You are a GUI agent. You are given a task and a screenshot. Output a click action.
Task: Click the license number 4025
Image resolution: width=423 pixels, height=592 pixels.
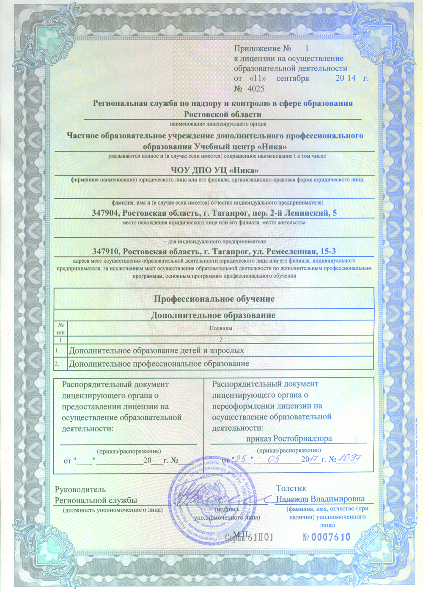coord(255,89)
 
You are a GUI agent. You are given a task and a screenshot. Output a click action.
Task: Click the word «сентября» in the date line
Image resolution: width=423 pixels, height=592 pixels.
coord(293,78)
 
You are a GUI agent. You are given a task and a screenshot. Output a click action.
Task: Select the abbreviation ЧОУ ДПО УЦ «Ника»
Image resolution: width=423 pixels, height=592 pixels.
coord(214,170)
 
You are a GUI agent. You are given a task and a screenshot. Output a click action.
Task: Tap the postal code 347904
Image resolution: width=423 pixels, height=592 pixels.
coord(105,213)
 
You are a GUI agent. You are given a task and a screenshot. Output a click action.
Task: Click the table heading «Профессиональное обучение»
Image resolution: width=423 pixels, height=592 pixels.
coord(214,299)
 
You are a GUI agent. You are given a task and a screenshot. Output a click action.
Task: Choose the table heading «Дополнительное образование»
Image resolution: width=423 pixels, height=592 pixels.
coord(213,315)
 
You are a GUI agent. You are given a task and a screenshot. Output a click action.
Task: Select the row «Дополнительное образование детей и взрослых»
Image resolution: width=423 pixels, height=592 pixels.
coord(156,351)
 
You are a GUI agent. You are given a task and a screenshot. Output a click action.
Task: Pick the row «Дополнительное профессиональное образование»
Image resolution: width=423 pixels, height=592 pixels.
coord(159,364)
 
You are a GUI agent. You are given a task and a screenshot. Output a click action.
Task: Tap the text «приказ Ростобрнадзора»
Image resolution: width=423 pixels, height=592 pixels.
coord(289,439)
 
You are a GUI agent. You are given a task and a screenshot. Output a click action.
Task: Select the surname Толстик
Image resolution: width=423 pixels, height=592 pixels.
coord(291,488)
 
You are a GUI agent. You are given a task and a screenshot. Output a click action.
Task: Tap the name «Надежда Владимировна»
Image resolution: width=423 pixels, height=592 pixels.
coord(320,499)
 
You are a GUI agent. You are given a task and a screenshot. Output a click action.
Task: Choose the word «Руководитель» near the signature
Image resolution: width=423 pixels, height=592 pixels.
coord(80,490)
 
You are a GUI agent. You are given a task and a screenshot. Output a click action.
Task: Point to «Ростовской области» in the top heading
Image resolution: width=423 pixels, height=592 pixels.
coord(222,114)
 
